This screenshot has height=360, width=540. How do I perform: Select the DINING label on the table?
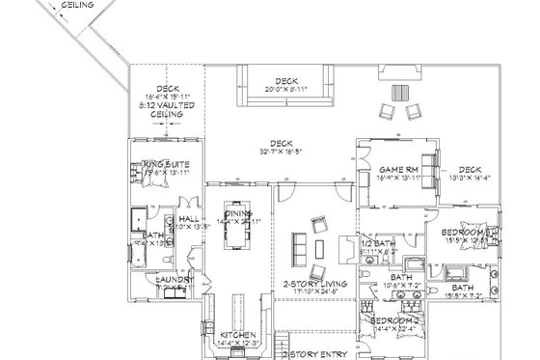coord(238,213)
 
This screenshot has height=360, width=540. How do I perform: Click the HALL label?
coord(186,220)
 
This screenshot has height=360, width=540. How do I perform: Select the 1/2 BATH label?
coord(378,242)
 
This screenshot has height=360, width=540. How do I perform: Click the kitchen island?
coord(238,309)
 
